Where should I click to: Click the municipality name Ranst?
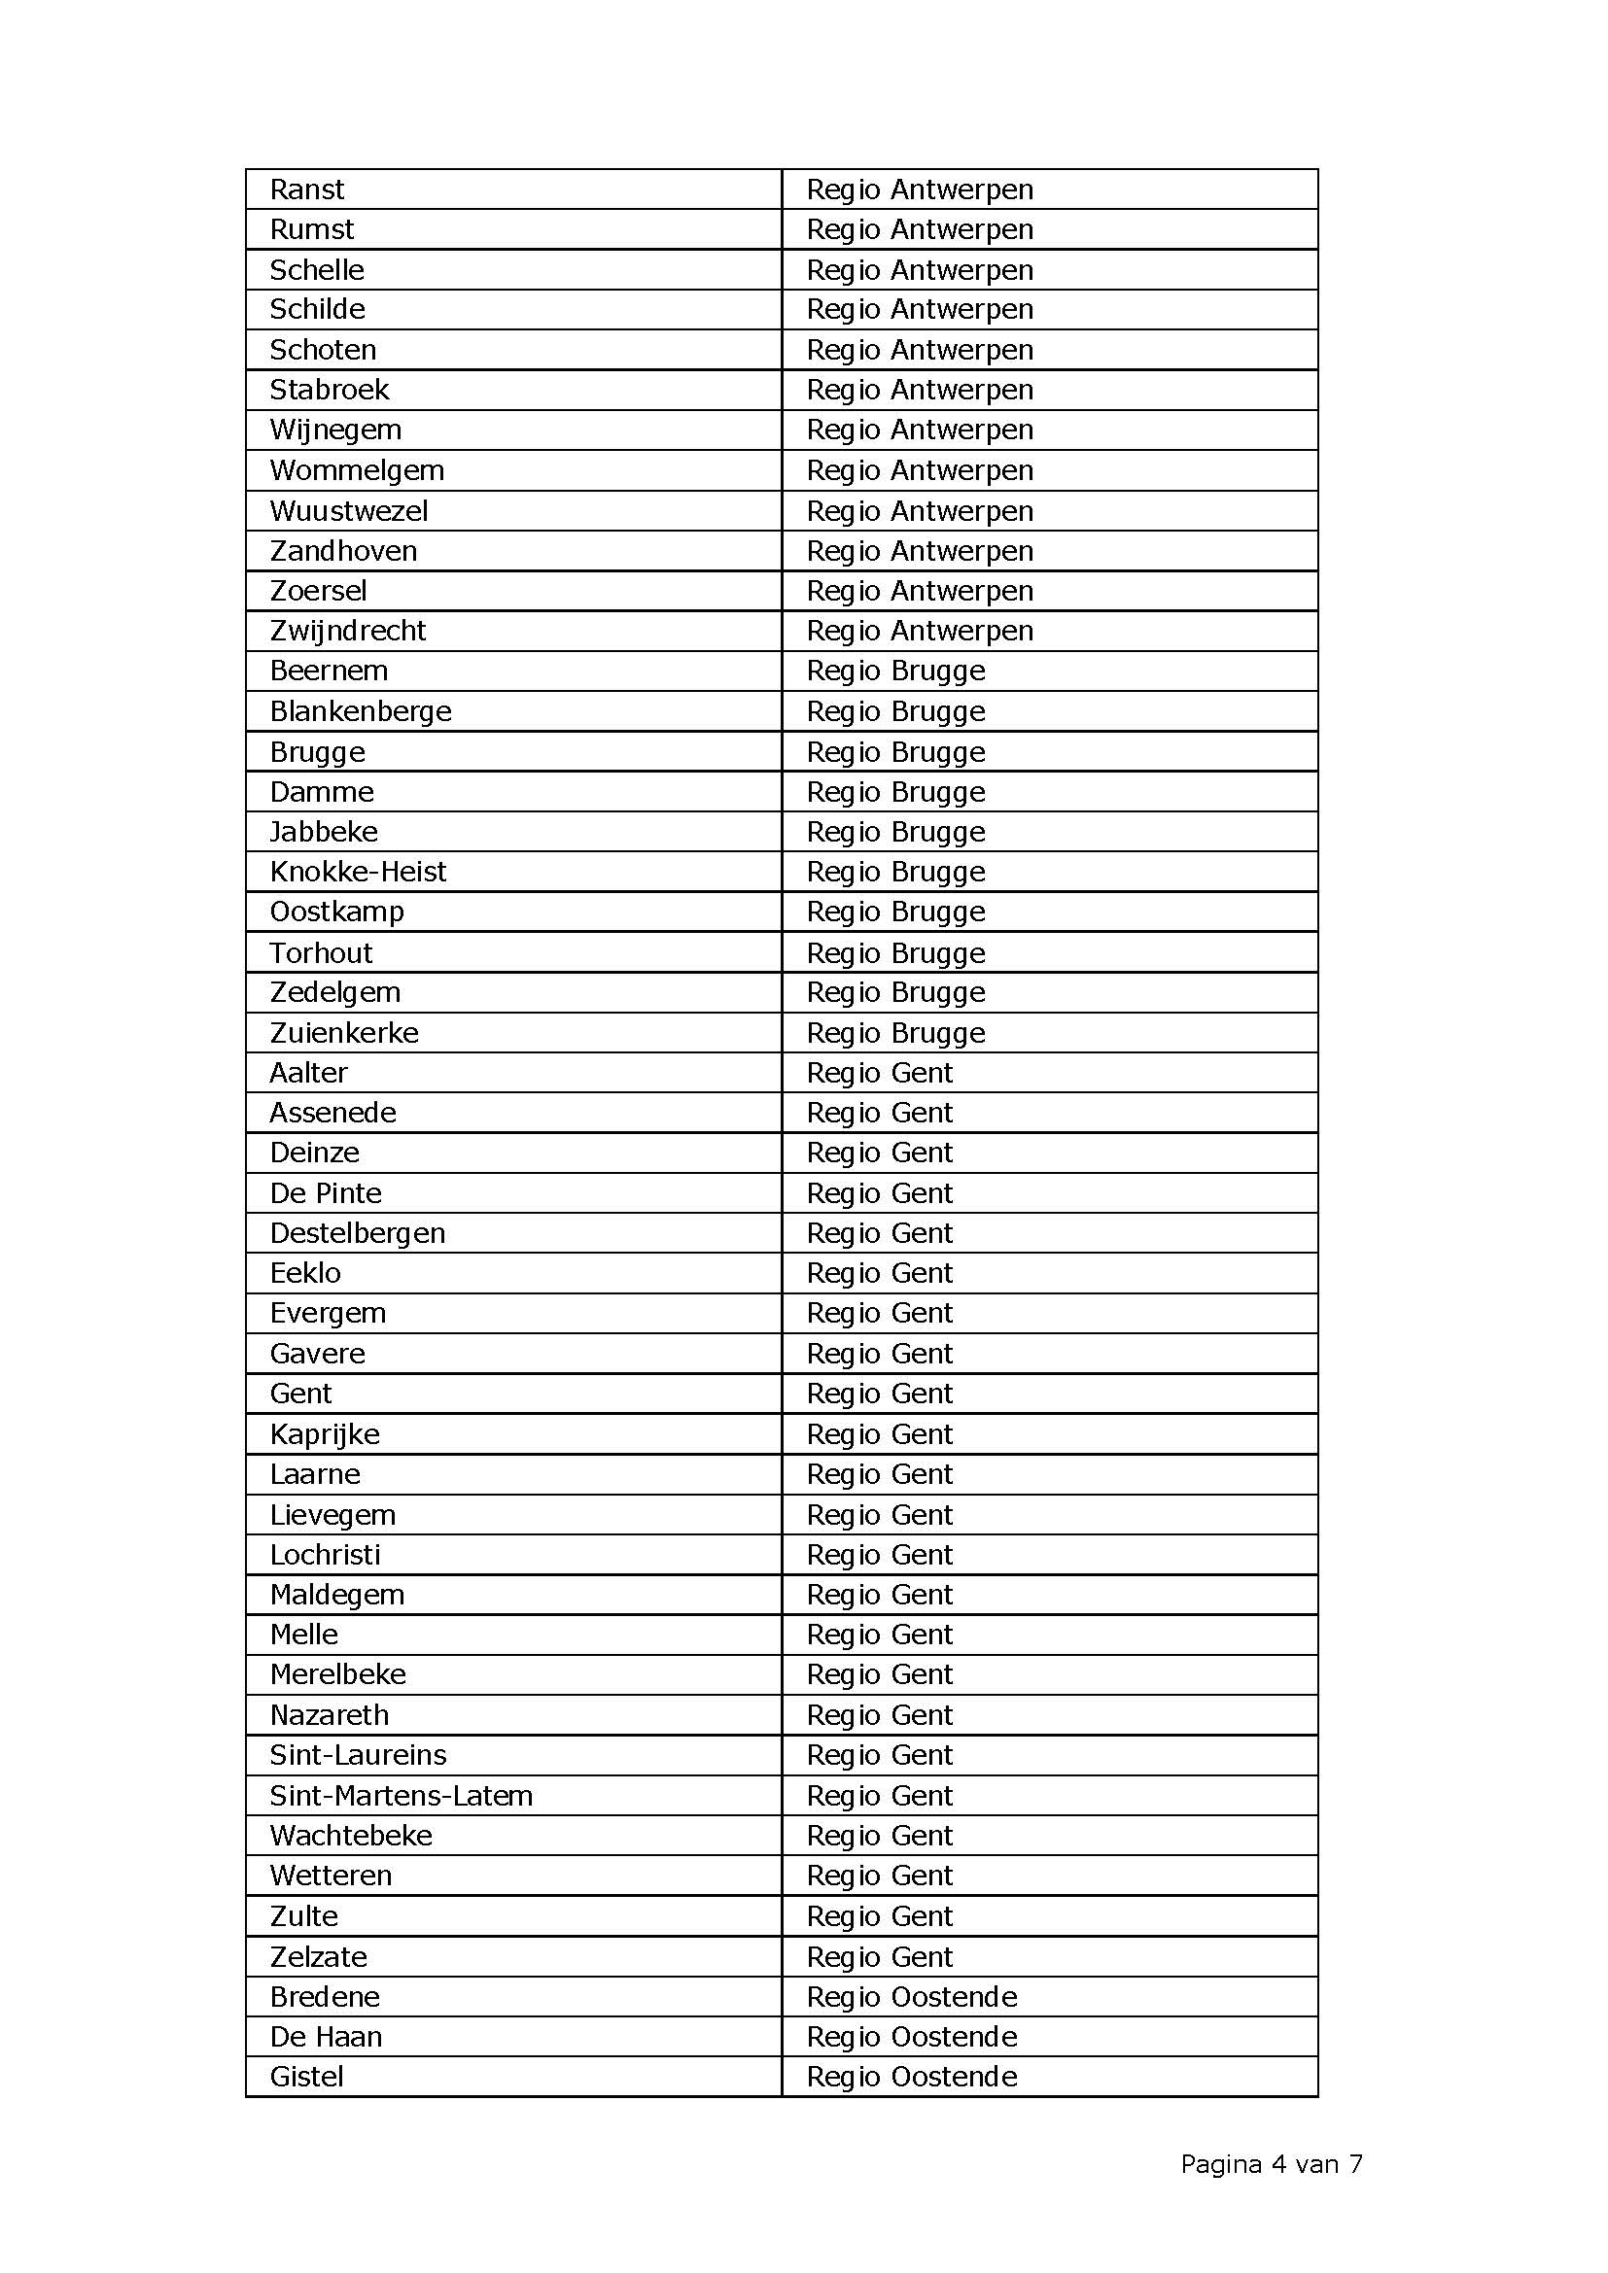tap(307, 189)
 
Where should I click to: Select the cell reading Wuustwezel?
tap(349, 511)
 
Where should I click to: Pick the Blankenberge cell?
tap(361, 710)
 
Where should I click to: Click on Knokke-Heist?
tap(358, 871)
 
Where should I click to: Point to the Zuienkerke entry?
tap(343, 1033)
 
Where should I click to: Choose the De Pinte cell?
tap(326, 1193)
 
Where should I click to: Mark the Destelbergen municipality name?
tap(358, 1232)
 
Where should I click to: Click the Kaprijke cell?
tap(325, 1433)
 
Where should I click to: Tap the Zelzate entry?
tap(318, 1956)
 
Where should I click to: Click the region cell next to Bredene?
tap(911, 1997)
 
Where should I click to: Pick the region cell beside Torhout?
tap(895, 952)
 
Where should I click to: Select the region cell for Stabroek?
tap(919, 390)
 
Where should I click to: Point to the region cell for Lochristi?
tap(879, 1554)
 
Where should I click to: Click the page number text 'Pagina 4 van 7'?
tap(1271, 2164)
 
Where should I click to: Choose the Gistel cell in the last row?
tap(307, 2076)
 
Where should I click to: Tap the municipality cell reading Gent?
tap(301, 1393)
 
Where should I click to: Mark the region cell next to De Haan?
tap(911, 2037)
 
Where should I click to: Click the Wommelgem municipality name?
tap(357, 470)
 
